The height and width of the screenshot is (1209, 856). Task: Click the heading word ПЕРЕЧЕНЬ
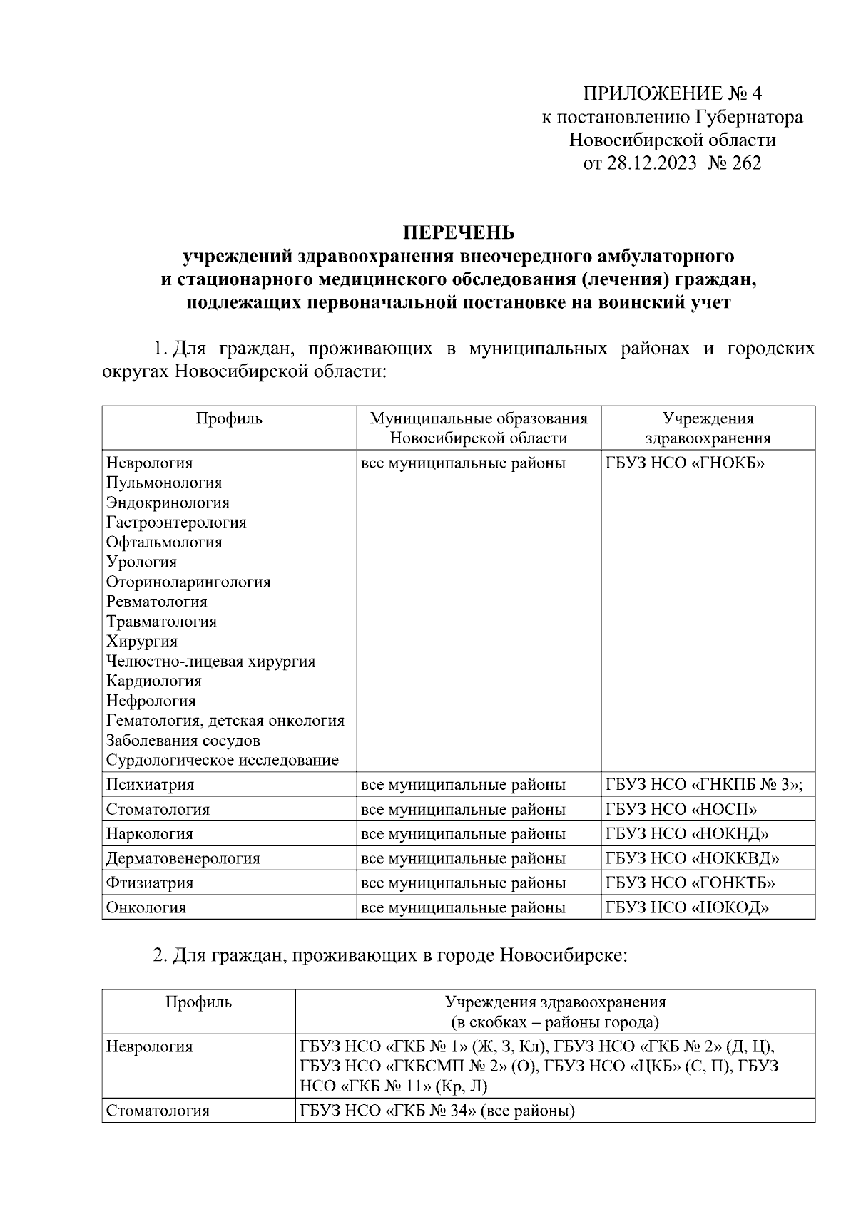[459, 232]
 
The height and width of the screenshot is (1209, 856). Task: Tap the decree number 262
[746, 163]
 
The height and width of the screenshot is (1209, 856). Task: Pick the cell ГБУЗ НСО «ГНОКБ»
[685, 463]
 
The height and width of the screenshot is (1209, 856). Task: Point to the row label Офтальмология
[164, 542]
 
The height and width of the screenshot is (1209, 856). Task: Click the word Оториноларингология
[188, 582]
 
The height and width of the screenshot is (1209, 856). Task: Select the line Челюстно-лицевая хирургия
[210, 661]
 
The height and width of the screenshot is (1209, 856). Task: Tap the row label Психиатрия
[150, 785]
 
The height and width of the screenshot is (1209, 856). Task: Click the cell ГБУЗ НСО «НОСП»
[681, 809]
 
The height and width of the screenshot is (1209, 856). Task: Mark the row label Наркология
[149, 834]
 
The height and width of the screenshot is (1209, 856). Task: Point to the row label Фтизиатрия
[150, 883]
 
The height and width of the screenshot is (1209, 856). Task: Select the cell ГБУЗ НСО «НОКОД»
[687, 907]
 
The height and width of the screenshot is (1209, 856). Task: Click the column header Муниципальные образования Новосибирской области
[478, 428]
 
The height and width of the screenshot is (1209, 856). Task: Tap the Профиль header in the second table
[198, 1002]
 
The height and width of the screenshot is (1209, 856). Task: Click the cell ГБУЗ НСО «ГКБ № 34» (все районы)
[437, 1111]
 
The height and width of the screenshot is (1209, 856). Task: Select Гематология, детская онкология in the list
[225, 721]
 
